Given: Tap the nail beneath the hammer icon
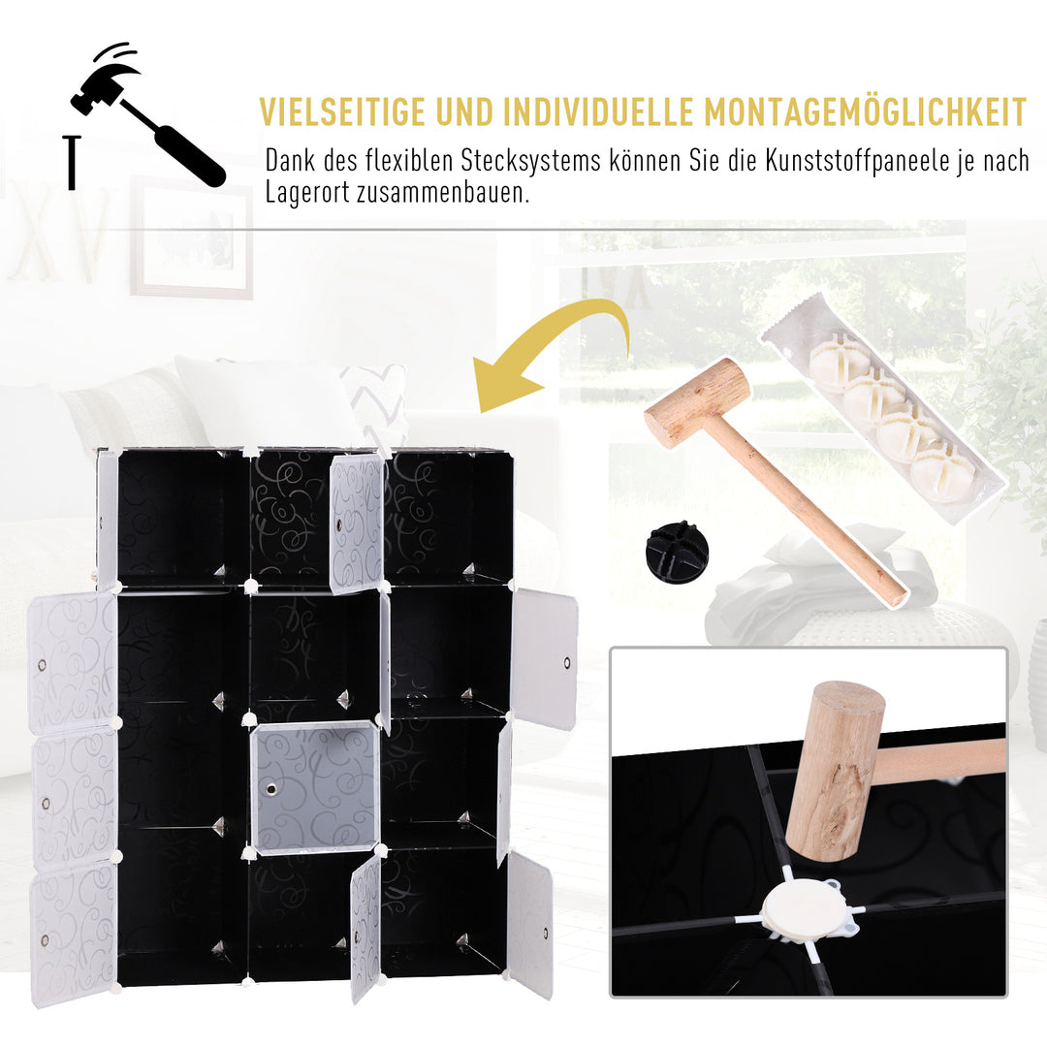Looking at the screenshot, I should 70,162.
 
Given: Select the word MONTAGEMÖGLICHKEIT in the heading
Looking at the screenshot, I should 865,112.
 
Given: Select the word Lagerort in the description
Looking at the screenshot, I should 301,192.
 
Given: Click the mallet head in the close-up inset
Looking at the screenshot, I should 834,771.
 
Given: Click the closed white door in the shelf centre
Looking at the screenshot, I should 314,787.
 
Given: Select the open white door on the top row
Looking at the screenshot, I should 356,523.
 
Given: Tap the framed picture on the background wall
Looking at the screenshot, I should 192,238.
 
